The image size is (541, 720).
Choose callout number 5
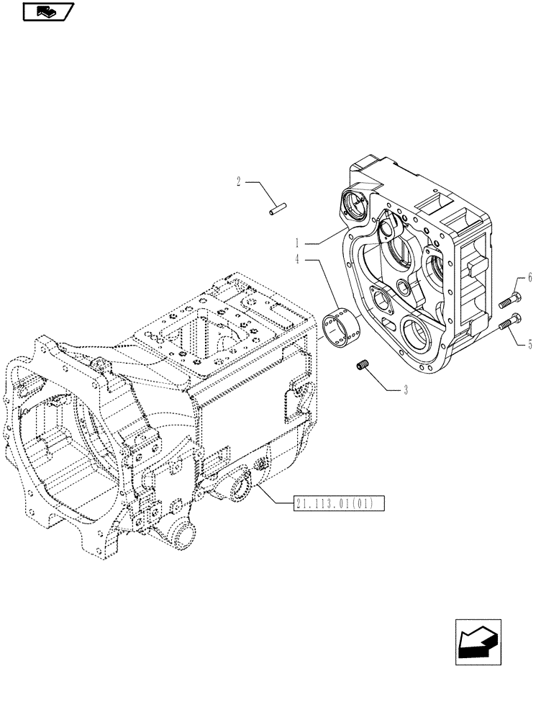click(x=529, y=344)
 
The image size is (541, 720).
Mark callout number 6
click(x=529, y=276)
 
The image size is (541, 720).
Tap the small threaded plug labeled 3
click(x=363, y=366)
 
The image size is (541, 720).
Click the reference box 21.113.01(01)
click(x=340, y=503)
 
